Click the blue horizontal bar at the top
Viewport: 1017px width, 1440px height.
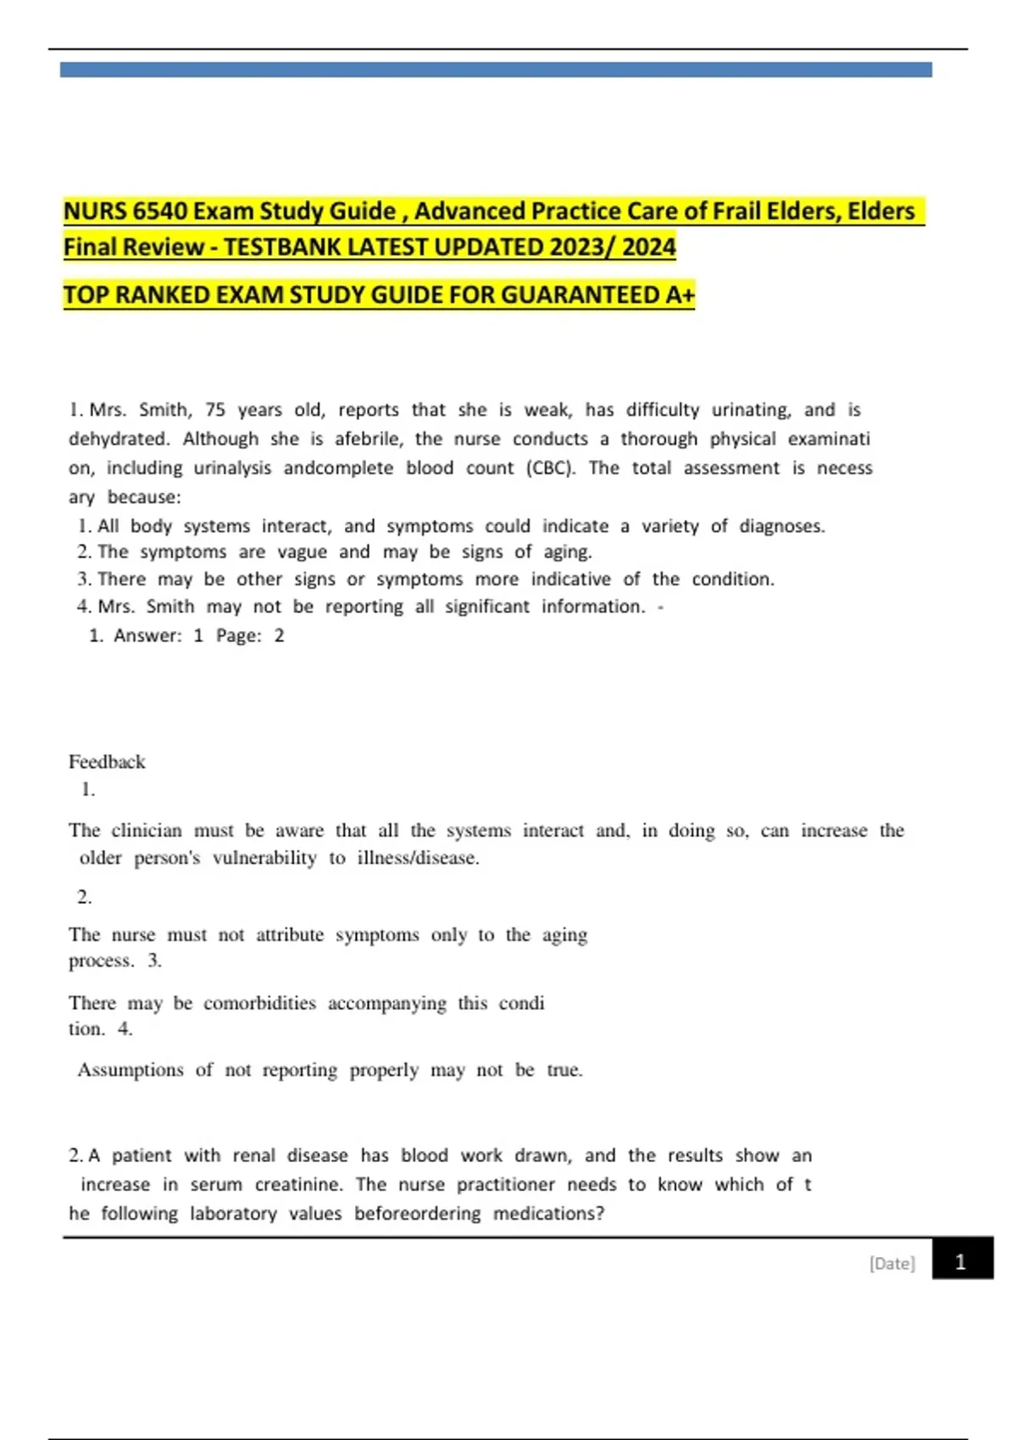[x=496, y=69]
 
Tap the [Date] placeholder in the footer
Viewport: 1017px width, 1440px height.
[x=892, y=1263]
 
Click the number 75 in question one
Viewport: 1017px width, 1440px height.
[x=215, y=410]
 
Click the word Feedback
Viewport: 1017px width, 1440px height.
[x=107, y=762]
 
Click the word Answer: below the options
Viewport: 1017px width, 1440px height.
[x=147, y=635]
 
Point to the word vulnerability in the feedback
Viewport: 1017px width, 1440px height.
[x=264, y=858]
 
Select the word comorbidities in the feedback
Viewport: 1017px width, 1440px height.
[x=259, y=1003]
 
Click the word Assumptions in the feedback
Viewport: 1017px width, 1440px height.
[x=131, y=1070]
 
